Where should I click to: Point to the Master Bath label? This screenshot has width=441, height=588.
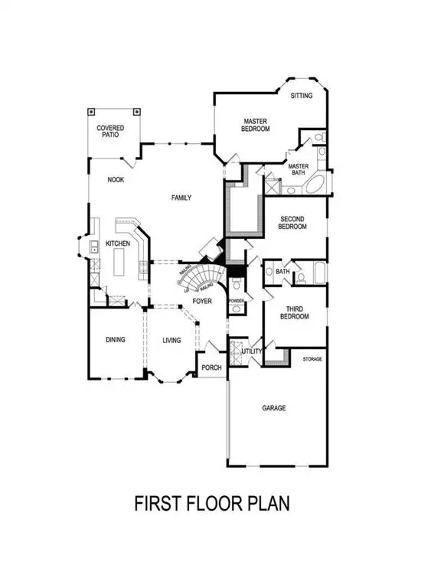coord(298,169)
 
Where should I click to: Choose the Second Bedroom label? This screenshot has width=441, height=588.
coord(292,222)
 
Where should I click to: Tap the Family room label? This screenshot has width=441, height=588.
coord(181,198)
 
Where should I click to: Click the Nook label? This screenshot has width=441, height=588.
coord(116,180)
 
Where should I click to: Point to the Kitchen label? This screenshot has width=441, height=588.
coord(117,243)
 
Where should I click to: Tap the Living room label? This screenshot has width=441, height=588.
coord(171,340)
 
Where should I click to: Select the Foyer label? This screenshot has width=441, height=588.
coord(202,302)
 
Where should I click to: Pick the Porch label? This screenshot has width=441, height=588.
coord(211,367)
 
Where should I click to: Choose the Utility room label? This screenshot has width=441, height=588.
coord(253,351)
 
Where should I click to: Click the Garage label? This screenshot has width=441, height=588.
coord(274,408)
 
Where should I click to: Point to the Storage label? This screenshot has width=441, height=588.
coord(312,358)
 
